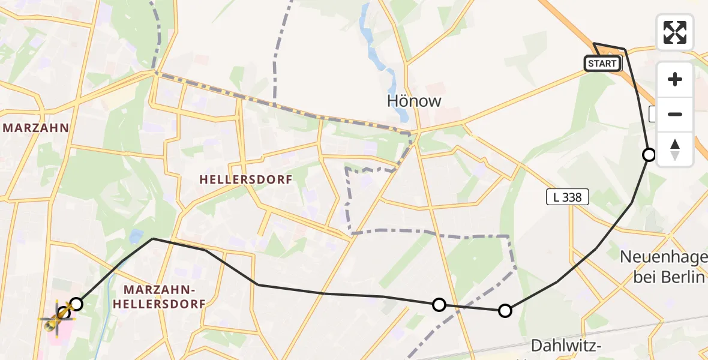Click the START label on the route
(x=602, y=64)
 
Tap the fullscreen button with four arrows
(x=675, y=32)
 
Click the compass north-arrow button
(x=675, y=149)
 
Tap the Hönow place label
(x=414, y=101)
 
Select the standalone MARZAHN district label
(x=35, y=128)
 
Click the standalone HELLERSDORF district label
(x=245, y=179)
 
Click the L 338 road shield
(x=568, y=197)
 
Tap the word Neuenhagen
(x=663, y=257)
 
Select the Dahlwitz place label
(x=568, y=345)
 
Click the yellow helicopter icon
(x=56, y=317)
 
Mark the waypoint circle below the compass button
(x=649, y=155)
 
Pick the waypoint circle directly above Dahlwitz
(x=505, y=310)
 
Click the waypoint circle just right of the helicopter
(x=76, y=304)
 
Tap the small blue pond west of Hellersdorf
(x=136, y=236)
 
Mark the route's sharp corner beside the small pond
(x=154, y=239)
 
